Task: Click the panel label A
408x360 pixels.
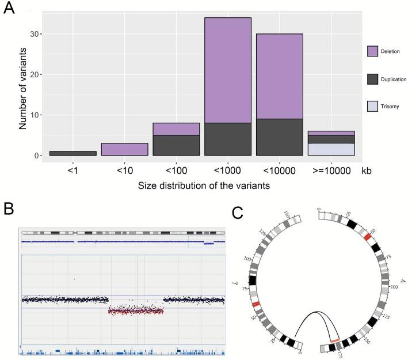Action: click(10, 10)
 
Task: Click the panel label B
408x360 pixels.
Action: click(10, 207)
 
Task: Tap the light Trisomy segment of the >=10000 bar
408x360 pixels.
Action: click(331, 149)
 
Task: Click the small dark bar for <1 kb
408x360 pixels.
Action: click(73, 153)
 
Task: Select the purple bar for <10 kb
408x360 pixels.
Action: click(124, 149)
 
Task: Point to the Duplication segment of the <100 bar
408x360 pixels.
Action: click(176, 145)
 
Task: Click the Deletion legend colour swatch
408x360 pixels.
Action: click(372, 52)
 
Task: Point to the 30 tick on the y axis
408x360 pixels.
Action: click(36, 34)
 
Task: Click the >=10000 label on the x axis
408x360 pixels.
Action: click(331, 172)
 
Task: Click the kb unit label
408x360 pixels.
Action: click(367, 172)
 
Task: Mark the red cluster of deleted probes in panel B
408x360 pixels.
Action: click(136, 310)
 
